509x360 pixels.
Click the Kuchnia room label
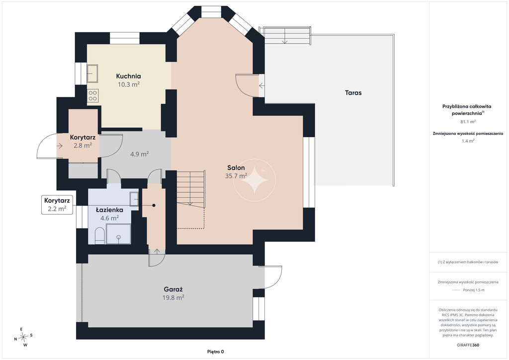coord(129,76)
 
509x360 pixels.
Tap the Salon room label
coord(236,168)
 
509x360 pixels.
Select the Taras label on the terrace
coord(353,93)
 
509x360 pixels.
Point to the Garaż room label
coord(173,289)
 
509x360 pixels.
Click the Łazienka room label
coord(109,210)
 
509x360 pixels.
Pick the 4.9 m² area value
coord(140,154)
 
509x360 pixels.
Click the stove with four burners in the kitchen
coord(93,95)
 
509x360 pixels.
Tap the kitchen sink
coord(92,74)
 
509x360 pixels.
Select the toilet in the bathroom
coord(99,236)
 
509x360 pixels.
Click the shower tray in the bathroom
coord(118,234)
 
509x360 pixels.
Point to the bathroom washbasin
coord(134,199)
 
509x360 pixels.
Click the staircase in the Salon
coord(191,188)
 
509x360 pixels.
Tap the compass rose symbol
coord(23,337)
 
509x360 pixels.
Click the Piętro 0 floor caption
coord(216,352)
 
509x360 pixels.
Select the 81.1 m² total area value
coord(468,122)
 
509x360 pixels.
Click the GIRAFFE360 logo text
coord(468,345)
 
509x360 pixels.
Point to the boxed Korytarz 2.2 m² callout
coord(57,204)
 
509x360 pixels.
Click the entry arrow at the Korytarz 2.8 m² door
coord(60,146)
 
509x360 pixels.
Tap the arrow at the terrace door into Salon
coord(261,86)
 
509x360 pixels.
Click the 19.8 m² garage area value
coord(173,298)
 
